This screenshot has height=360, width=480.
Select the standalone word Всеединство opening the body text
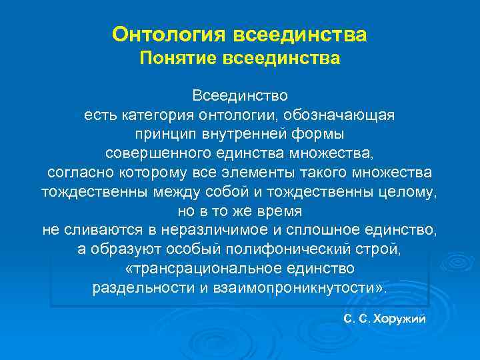click(240, 97)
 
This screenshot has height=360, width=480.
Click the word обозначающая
click(346, 115)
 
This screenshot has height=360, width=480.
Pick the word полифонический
click(247, 250)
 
